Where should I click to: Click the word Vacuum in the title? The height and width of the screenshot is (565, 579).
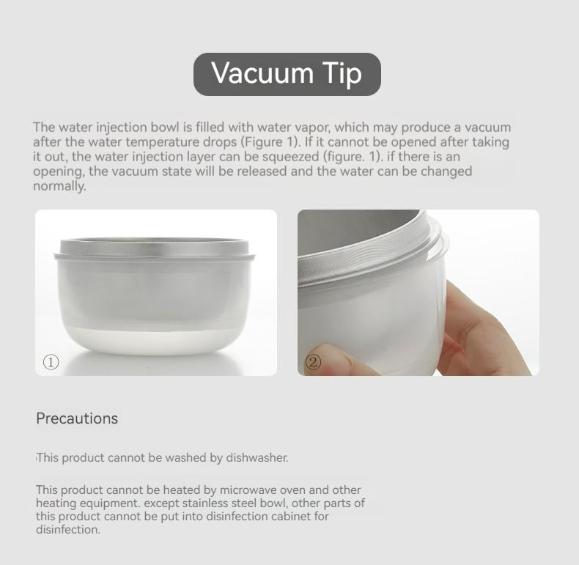point(262,73)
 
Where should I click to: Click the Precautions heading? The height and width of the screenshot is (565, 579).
point(77,418)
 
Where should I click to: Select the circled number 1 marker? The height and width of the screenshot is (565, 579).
point(51,362)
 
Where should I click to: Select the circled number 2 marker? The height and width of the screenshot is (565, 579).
point(313,362)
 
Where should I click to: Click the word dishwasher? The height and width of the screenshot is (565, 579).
point(257,457)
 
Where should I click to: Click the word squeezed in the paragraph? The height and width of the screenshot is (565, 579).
point(291,157)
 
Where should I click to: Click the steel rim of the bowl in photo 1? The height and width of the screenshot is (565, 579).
point(155,247)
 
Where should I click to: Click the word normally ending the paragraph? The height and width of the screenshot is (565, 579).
point(59,186)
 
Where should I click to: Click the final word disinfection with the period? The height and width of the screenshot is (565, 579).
point(68,530)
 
